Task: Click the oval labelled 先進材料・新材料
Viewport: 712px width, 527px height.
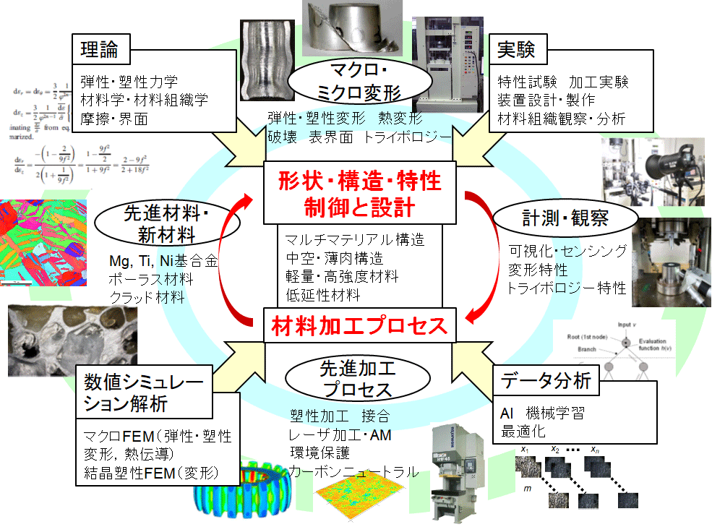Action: click(156, 225)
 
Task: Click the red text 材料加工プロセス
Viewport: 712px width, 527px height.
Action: click(360, 327)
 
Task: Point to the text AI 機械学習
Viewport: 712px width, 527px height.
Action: click(542, 414)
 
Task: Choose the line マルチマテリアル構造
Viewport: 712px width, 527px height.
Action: click(355, 240)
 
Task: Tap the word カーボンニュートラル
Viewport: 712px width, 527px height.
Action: click(353, 472)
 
